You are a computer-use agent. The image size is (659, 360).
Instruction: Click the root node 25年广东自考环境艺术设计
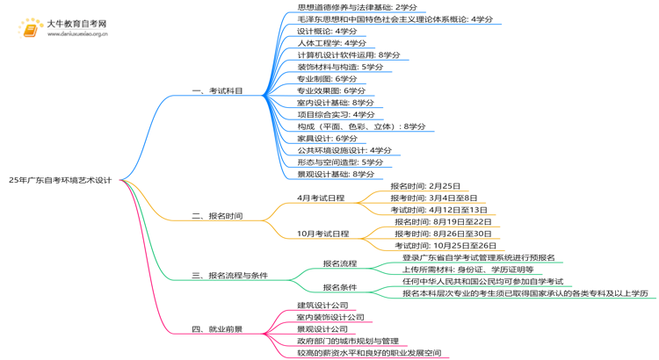point(60,180)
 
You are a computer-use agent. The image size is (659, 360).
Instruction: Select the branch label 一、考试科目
point(216,91)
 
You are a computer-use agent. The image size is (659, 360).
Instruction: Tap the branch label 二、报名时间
point(216,216)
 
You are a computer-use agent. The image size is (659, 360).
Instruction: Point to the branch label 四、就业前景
point(216,329)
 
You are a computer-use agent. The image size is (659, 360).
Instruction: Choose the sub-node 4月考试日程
point(321,198)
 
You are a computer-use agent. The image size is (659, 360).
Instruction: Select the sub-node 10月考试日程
point(322,234)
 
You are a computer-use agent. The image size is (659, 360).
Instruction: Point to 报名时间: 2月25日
point(425,186)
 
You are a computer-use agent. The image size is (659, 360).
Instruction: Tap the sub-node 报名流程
point(339,263)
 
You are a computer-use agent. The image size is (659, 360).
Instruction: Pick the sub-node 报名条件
point(339,287)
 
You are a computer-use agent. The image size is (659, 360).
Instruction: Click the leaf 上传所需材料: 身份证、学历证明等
point(467,270)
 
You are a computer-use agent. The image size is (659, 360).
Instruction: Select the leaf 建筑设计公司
point(322,306)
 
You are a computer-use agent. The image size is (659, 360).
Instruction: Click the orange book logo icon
point(30,29)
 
